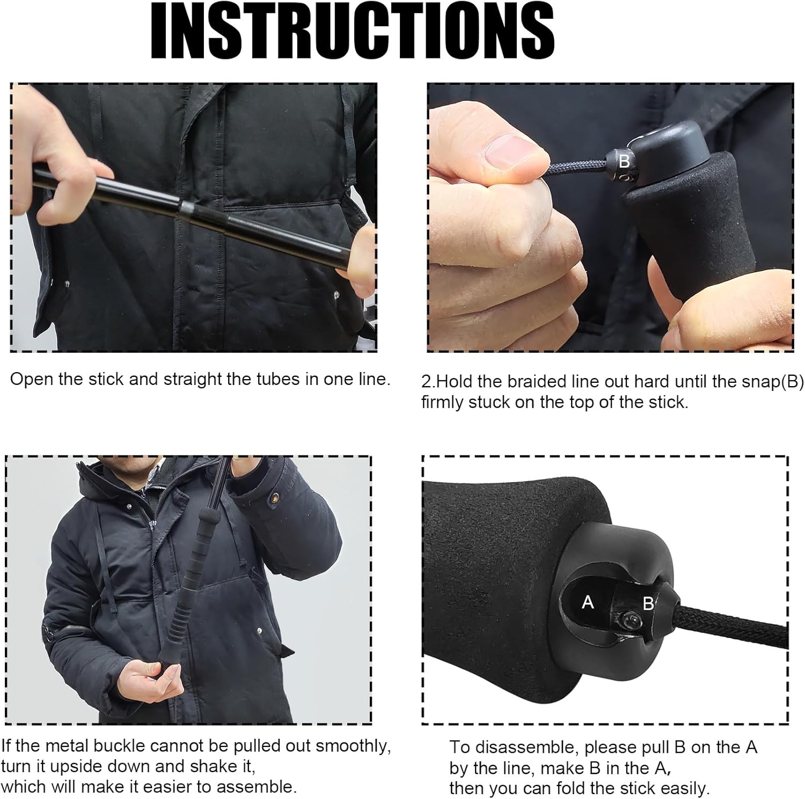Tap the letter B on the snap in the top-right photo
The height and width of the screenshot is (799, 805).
coord(624,161)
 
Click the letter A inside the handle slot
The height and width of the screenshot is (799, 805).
coord(588,602)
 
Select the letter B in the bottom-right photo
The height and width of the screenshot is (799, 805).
coord(648,604)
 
